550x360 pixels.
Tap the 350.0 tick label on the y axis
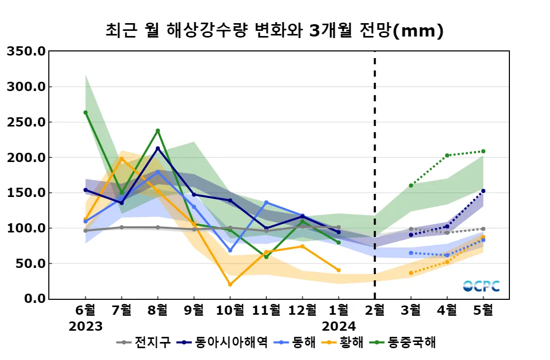pos(26,51)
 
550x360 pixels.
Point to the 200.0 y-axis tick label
pos(26,157)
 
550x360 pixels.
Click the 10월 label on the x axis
pos(230,310)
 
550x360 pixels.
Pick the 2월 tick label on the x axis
pos(375,310)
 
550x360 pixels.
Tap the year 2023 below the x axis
pos(85,326)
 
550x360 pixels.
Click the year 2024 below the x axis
pos(338,326)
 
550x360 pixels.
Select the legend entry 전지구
pos(149,342)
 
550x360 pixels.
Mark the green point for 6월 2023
pos(85,112)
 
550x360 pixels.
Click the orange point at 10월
pos(230,284)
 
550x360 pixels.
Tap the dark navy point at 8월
pos(158,149)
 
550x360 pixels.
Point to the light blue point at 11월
pos(266,202)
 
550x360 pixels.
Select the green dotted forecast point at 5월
pos(483,151)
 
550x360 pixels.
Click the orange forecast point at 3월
pos(411,273)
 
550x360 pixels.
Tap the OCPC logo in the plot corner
pos(481,286)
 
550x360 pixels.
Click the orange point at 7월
pos(122,158)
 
